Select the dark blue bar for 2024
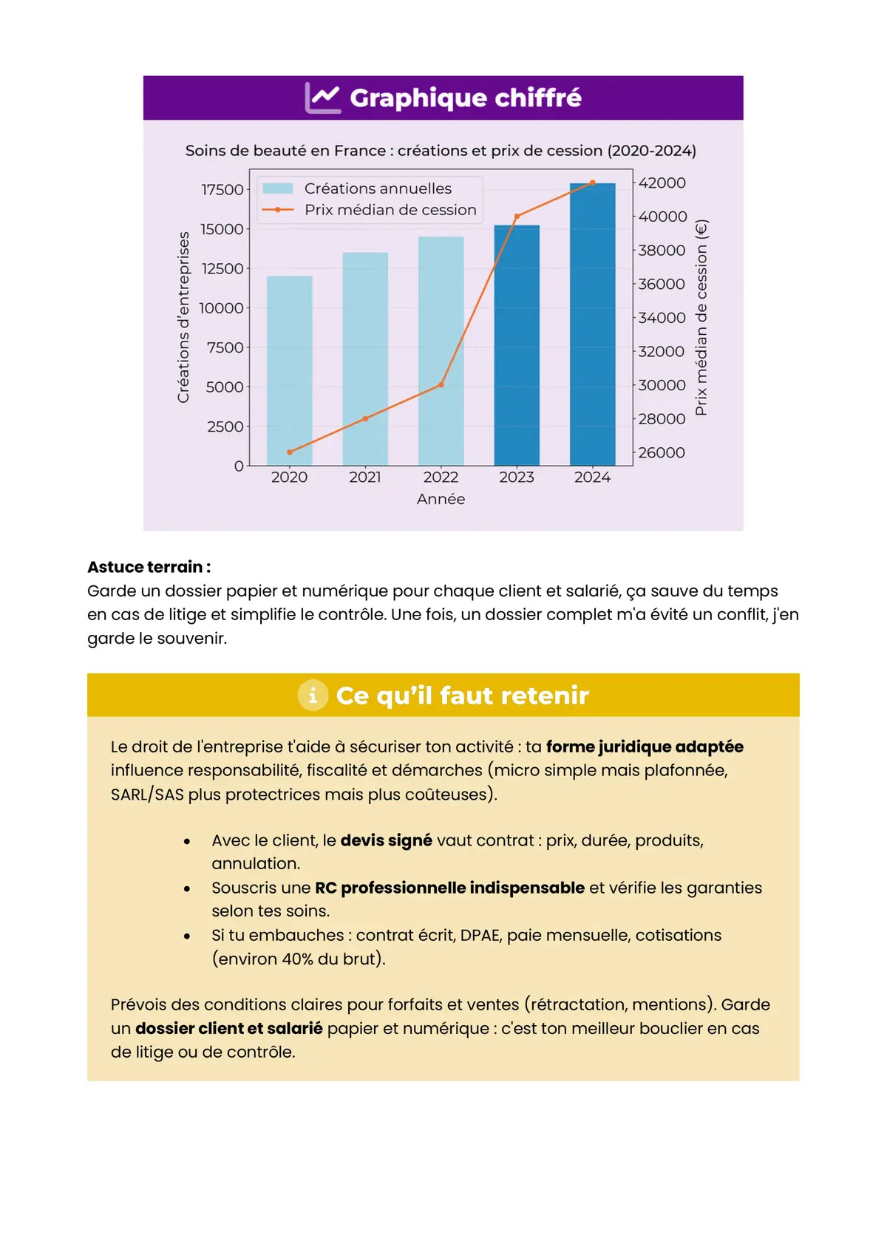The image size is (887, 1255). (592, 325)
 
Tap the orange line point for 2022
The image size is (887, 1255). (441, 385)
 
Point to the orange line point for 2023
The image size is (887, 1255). (517, 217)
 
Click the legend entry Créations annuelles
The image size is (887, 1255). (378, 188)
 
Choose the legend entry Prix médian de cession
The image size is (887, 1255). (390, 210)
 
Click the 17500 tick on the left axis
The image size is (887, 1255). (222, 190)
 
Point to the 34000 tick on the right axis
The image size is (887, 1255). (662, 318)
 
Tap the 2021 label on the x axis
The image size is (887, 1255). (365, 477)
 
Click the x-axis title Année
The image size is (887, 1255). (441, 500)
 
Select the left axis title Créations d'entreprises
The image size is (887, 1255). (183, 318)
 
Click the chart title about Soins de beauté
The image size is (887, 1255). (441, 151)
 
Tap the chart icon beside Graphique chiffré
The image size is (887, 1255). (323, 98)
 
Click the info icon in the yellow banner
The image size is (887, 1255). (313, 695)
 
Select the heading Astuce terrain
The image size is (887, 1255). (149, 567)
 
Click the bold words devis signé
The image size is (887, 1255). (386, 840)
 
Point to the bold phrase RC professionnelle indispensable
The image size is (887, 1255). (449, 888)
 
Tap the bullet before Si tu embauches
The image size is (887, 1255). (187, 936)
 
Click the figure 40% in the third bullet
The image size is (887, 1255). (301, 959)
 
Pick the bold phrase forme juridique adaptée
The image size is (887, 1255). (645, 746)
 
